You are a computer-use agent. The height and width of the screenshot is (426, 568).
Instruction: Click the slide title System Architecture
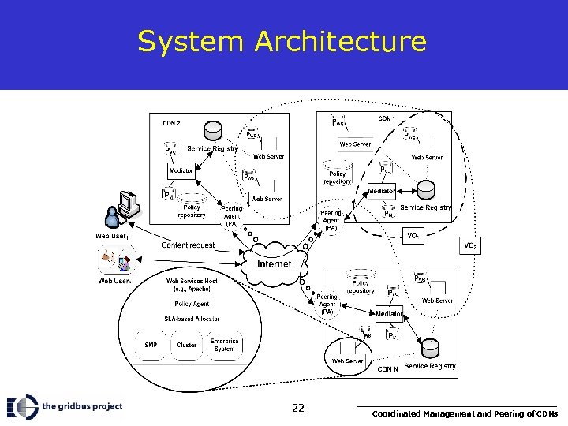pos(282,41)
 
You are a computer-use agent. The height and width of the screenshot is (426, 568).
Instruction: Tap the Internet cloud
pos(274,263)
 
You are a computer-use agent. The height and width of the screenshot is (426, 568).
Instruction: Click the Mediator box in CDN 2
pos(181,170)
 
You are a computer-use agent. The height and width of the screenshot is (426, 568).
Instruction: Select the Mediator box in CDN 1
pos(382,191)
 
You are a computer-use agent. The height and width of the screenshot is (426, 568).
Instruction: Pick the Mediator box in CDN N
pos(389,314)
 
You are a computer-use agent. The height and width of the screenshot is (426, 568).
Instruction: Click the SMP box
pos(151,345)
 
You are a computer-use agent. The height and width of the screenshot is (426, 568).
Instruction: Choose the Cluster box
pos(187,345)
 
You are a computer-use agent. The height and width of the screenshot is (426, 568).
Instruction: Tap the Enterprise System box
pos(224,345)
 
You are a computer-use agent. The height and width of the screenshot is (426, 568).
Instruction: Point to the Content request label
pos(188,245)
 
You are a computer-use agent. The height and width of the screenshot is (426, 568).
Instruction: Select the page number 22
pos(297,408)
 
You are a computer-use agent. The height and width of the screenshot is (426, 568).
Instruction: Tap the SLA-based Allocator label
pos(192,318)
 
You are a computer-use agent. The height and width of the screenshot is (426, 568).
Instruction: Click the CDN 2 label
pos(171,123)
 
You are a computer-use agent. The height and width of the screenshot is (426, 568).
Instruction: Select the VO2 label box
pos(469,246)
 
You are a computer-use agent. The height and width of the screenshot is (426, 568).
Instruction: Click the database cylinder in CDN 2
pos(213,129)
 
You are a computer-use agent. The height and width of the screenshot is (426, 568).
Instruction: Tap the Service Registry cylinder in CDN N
pos(430,348)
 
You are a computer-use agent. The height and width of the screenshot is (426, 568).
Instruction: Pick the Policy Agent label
pos(192,304)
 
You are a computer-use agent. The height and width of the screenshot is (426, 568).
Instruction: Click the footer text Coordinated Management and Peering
pos(465,413)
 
